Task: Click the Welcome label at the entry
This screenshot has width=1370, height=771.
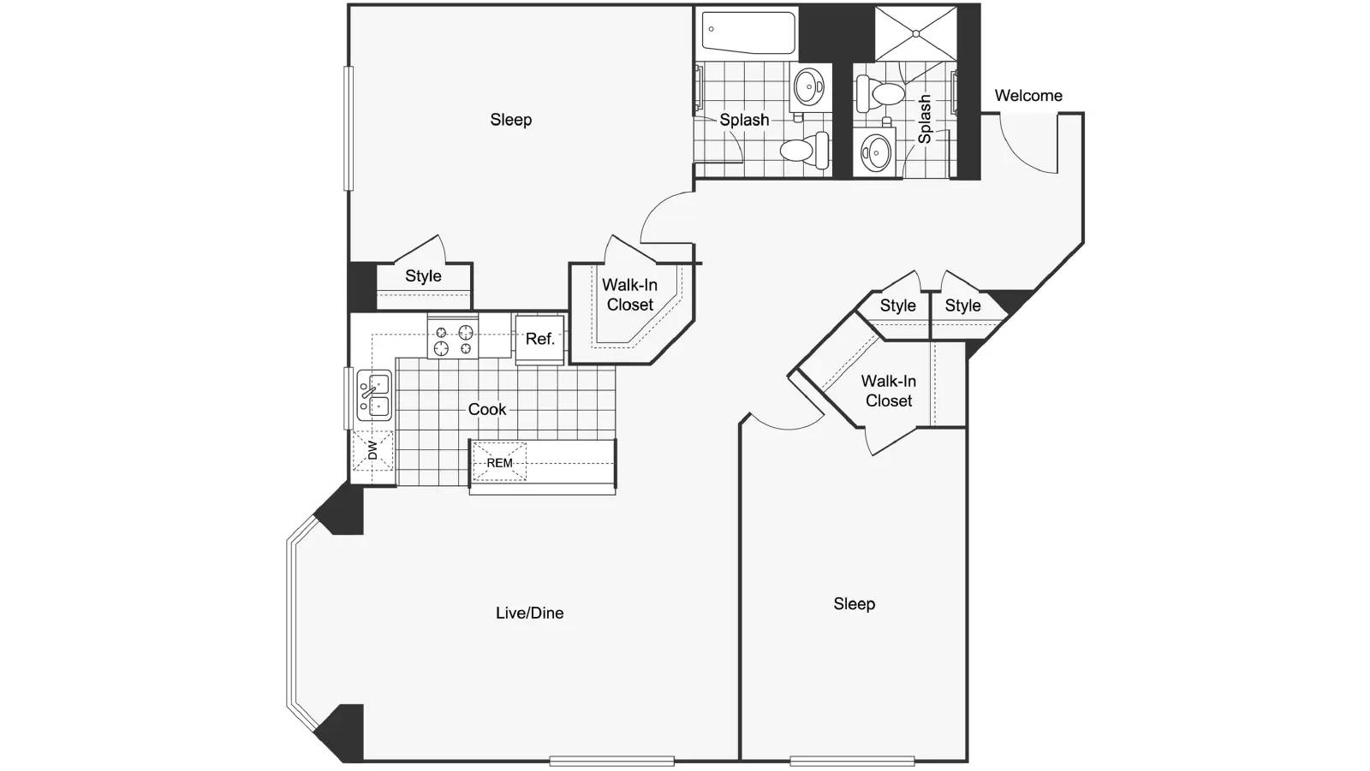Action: (1028, 95)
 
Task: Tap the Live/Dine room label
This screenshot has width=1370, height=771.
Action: (530, 613)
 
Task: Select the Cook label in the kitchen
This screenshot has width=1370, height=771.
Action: (487, 409)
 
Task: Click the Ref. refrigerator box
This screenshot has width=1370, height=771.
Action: (539, 340)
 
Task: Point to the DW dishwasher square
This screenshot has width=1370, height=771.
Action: (372, 451)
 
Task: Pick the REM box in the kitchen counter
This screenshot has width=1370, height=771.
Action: (499, 463)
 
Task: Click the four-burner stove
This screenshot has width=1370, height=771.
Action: (453, 336)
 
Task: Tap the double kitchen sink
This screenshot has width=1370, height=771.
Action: (374, 395)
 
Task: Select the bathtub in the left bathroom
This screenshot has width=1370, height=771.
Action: (748, 31)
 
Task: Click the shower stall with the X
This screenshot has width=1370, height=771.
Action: (915, 33)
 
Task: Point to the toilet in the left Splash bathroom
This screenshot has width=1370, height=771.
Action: (804, 150)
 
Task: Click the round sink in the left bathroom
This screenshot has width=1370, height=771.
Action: (810, 86)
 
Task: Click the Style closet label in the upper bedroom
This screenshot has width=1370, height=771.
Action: (423, 276)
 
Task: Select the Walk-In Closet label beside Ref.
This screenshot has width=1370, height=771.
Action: (630, 294)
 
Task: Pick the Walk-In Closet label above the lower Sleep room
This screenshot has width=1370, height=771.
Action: (889, 391)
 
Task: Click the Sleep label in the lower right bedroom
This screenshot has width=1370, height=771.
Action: (855, 604)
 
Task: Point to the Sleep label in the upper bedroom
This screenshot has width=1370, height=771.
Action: (510, 120)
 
